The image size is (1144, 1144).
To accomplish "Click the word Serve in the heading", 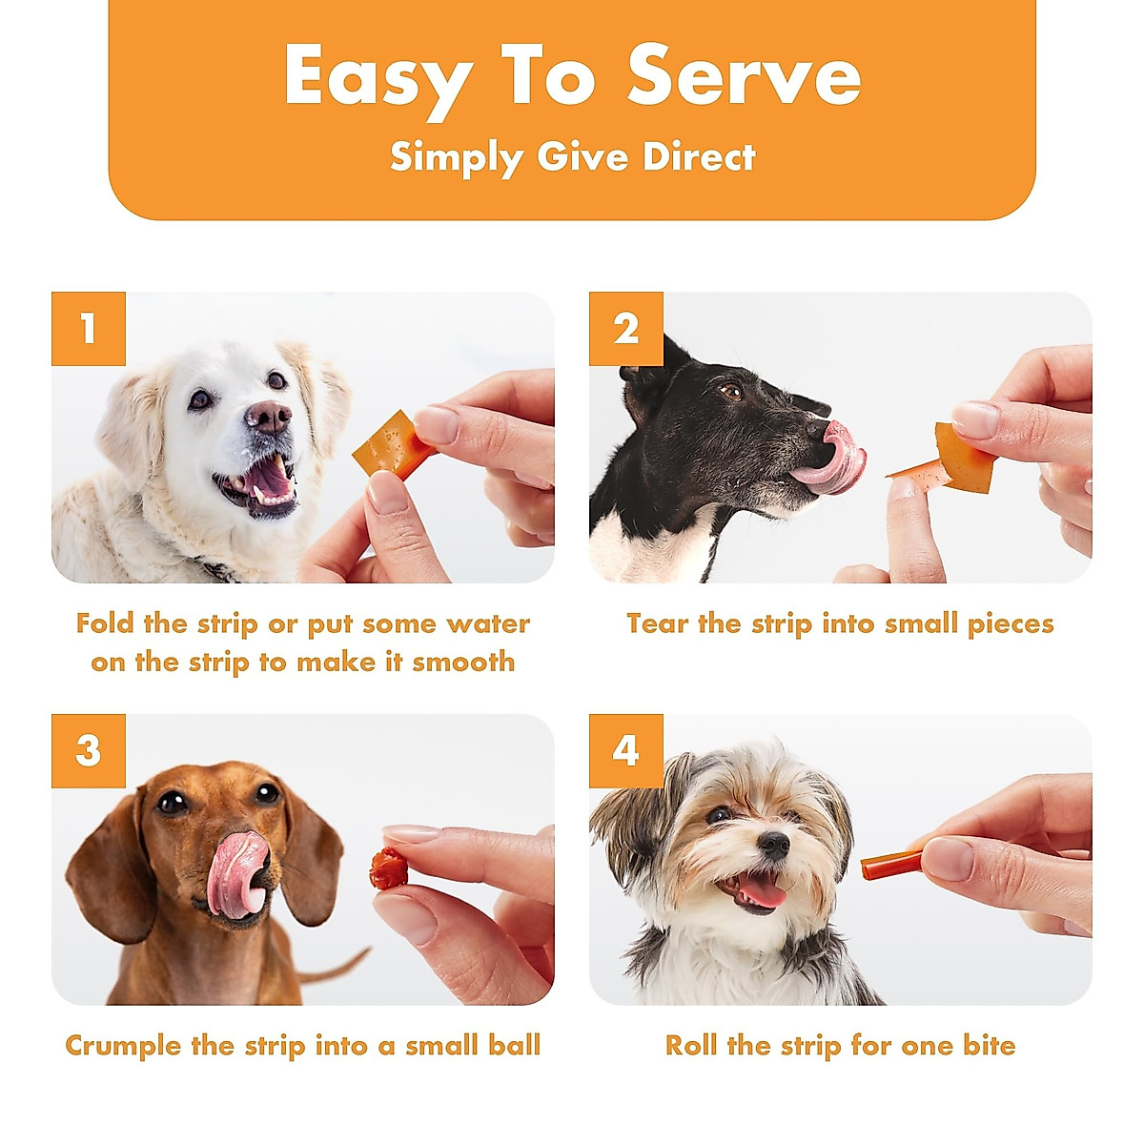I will click(744, 76).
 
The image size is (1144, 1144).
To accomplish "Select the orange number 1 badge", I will click(89, 329).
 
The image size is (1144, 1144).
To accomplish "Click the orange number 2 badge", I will click(625, 329).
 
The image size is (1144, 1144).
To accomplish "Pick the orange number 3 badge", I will click(89, 751).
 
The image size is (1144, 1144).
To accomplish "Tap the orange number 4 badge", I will click(625, 751).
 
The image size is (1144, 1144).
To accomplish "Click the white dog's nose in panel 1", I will click(269, 416).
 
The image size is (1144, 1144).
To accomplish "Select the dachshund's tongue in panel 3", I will click(233, 872).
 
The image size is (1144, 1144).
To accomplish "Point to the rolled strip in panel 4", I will click(891, 866).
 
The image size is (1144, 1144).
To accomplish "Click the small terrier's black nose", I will click(772, 845).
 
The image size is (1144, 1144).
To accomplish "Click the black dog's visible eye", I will click(731, 391).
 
